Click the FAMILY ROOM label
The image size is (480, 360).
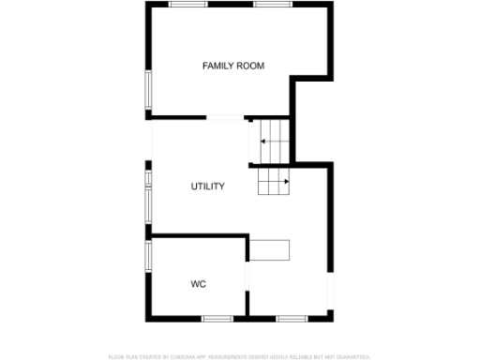pos(233,66)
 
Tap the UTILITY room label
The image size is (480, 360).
pos(207,187)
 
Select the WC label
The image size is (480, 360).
pos(198,284)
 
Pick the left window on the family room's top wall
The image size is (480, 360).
pos(187,5)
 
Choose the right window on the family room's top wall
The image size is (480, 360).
pos(272,5)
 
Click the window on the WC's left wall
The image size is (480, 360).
pos(147,259)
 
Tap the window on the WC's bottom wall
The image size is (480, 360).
pos(218,319)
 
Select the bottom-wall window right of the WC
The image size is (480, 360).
pos(291,319)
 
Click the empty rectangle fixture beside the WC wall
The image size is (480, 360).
pos(270,250)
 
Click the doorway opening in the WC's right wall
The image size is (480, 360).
pos(247,278)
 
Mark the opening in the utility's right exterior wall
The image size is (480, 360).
pos(331,292)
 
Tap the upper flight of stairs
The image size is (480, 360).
pos(270,142)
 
